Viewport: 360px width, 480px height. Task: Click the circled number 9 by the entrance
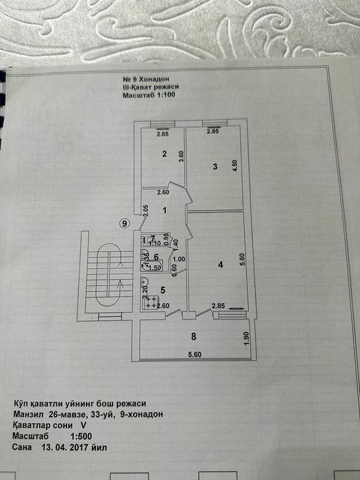(124, 224)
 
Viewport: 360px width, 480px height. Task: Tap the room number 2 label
(165, 154)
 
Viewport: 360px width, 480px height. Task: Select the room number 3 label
(215, 167)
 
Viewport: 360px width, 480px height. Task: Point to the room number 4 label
(221, 265)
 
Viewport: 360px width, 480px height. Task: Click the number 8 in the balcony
(193, 337)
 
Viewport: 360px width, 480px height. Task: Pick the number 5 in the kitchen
(163, 290)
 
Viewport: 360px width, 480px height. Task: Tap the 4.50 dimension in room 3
(235, 166)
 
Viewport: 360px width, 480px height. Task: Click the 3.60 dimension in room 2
(181, 156)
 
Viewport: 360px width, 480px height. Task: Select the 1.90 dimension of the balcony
(248, 338)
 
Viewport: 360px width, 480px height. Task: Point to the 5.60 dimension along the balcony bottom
(195, 355)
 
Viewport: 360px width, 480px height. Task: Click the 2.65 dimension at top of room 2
(163, 134)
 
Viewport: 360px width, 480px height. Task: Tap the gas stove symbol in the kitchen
(149, 302)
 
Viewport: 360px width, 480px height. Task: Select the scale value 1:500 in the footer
(82, 436)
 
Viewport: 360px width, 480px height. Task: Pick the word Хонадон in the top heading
(154, 80)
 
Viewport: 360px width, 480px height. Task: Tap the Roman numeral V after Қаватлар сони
(83, 425)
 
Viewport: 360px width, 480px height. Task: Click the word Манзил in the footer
(29, 414)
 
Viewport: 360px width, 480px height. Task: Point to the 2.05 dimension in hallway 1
(146, 211)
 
